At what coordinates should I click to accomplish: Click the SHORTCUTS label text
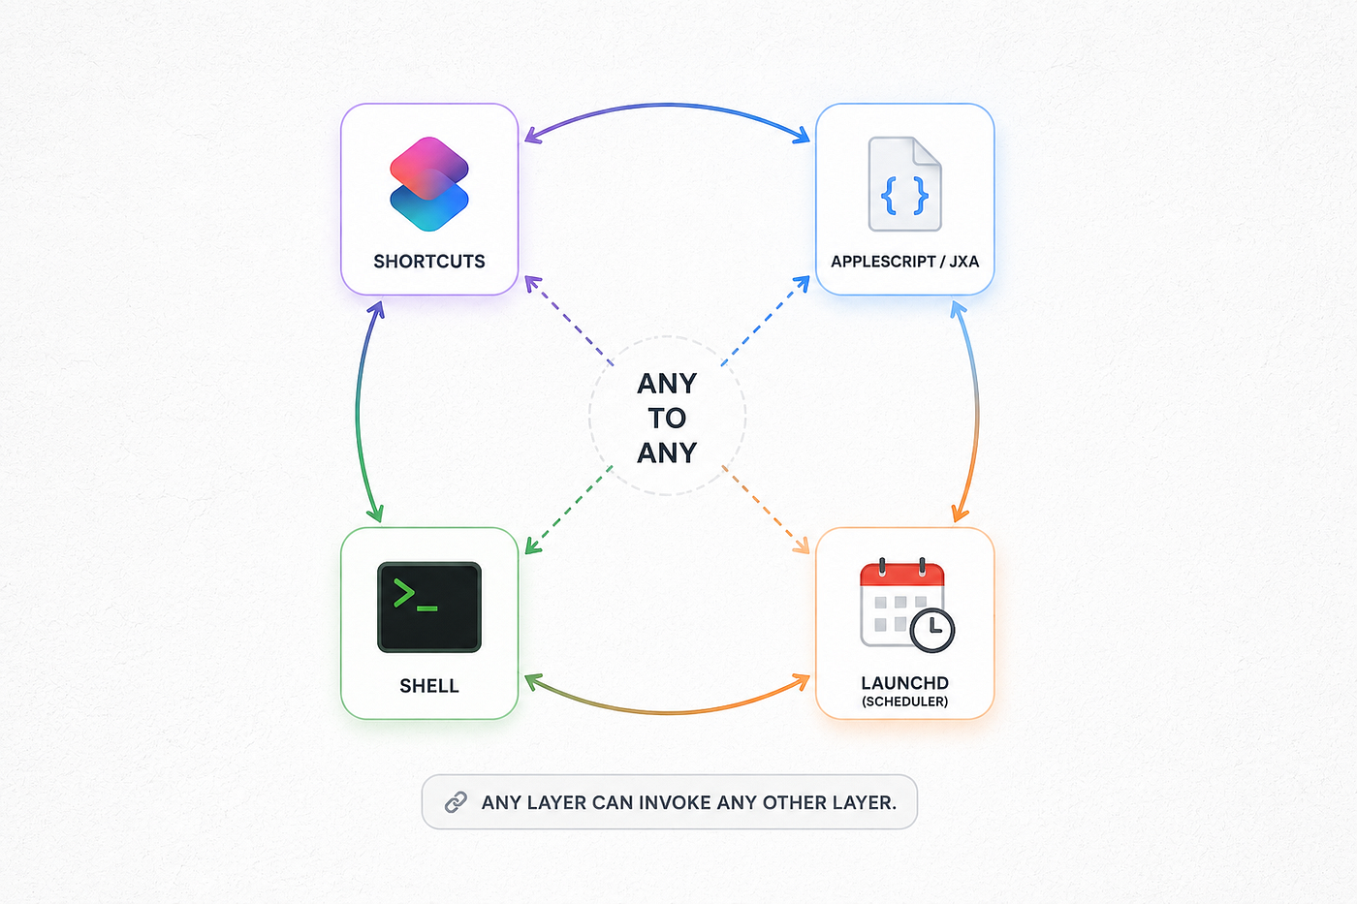tap(428, 262)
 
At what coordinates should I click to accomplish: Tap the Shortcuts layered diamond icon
tap(428, 184)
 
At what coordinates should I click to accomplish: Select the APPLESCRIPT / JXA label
tap(904, 262)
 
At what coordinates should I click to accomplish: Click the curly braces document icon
tap(904, 184)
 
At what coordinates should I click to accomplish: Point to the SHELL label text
tap(428, 686)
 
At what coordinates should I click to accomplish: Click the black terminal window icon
tap(428, 608)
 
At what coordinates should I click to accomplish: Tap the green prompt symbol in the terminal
tap(415, 595)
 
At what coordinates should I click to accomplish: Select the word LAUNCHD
tap(904, 683)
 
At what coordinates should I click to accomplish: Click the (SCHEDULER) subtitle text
tap(904, 701)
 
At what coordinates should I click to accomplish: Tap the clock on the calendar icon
tap(932, 631)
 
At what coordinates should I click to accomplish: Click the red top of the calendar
tap(902, 574)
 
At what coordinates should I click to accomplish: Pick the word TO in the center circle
tap(667, 418)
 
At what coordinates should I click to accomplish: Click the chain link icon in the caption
tap(456, 802)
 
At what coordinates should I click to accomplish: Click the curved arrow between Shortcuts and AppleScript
tap(667, 106)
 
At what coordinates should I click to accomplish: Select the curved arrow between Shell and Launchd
tap(667, 713)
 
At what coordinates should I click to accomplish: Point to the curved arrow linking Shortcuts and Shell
tap(358, 412)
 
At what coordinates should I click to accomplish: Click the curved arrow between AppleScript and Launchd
tap(977, 412)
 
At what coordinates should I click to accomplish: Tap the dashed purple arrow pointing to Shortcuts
tap(568, 321)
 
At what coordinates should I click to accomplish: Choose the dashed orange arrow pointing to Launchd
tap(766, 510)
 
